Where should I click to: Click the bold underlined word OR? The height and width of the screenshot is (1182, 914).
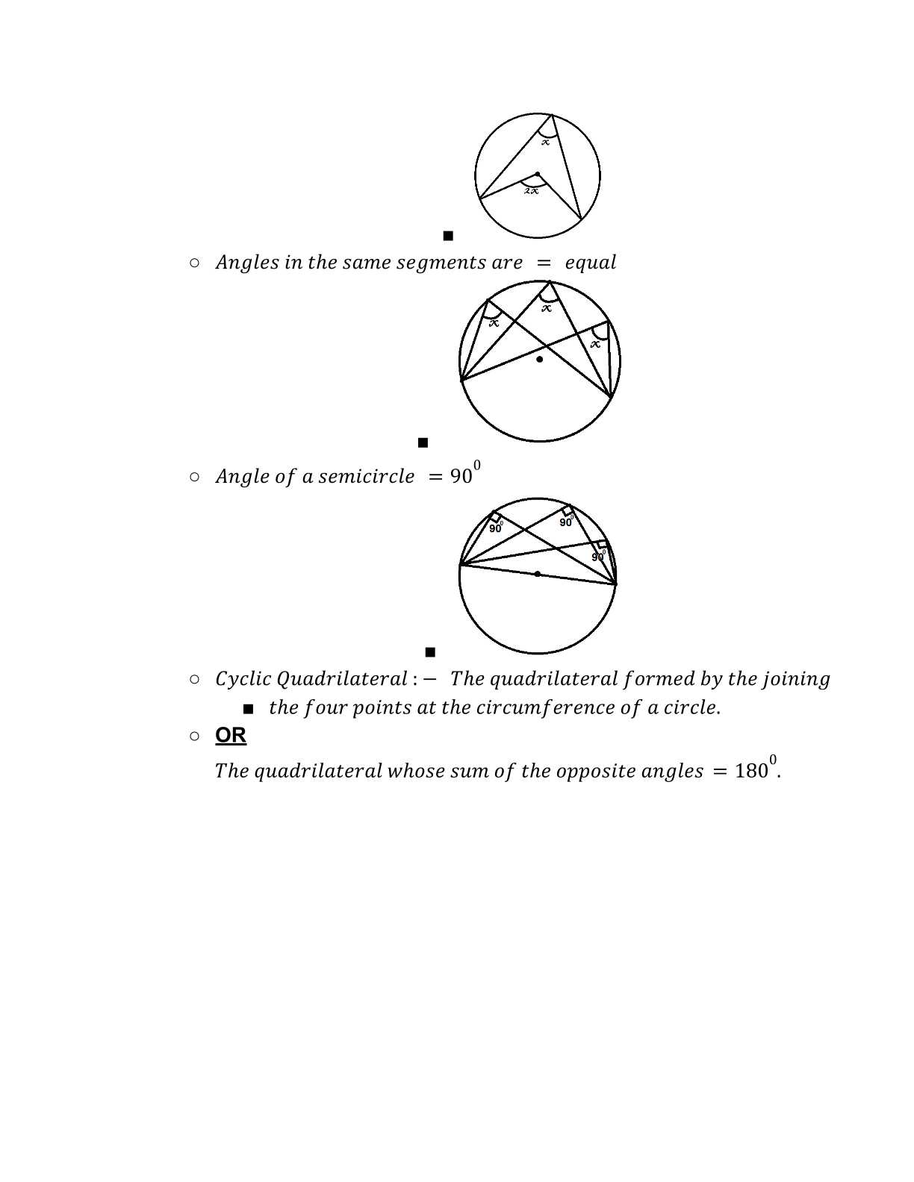pos(231,735)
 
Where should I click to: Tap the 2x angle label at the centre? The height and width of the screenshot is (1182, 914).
pos(531,191)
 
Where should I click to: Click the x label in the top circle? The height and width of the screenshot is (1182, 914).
pos(546,142)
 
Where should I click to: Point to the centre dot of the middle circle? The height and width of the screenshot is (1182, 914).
pos(540,360)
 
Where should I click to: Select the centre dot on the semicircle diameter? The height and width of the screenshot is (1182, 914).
pos(538,574)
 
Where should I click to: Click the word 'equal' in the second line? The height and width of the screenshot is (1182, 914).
pos(591,263)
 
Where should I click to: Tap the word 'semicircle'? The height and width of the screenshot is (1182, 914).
pos(366,477)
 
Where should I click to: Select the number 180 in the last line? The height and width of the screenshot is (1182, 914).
pos(750,771)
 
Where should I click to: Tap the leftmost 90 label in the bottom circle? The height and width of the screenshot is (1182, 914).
pos(495,528)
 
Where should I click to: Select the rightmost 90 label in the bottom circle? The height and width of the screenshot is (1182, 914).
pos(597,557)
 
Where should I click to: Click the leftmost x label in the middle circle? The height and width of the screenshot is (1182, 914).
pos(494,323)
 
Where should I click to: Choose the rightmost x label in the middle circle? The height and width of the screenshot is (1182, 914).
pos(595,344)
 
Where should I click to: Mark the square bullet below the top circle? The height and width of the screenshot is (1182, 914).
pos(448,236)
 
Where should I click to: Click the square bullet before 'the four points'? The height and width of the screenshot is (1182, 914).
pos(249,708)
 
